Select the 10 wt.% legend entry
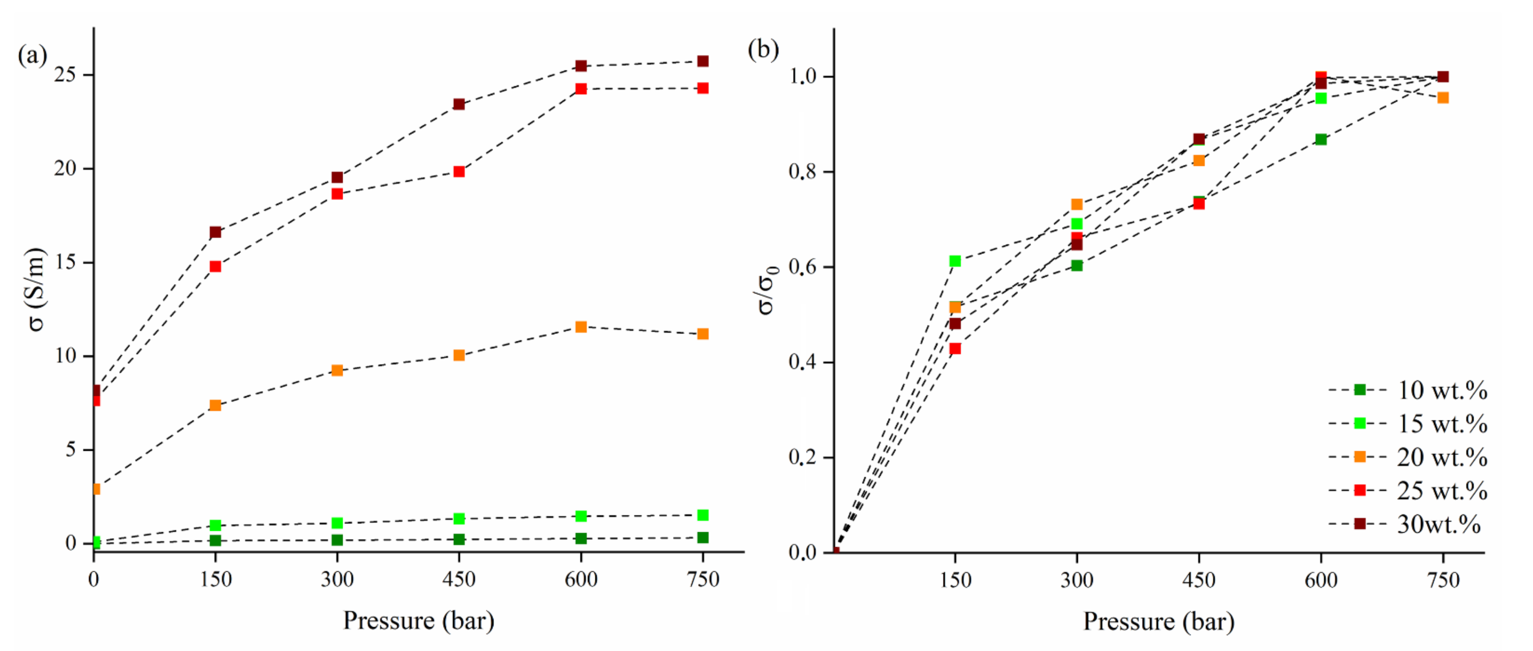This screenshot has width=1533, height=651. [x=1407, y=390]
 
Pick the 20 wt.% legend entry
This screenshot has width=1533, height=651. [x=1407, y=457]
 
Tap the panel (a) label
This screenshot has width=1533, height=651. [x=32, y=55]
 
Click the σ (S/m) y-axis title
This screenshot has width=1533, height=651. [x=37, y=289]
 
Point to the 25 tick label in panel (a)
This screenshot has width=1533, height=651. [x=66, y=75]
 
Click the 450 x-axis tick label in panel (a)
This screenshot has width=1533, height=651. [x=459, y=579]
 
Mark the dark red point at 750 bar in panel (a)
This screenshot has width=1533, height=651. [x=703, y=61]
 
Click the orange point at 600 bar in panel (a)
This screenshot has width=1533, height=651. [x=581, y=327]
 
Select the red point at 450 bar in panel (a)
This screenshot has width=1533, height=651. [x=459, y=172]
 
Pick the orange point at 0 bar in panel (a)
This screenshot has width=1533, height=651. [x=96, y=489]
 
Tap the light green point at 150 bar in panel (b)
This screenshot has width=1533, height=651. [x=955, y=261]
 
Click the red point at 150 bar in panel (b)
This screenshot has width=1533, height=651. [x=955, y=349]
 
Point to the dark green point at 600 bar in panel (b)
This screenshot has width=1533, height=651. [x=1320, y=139]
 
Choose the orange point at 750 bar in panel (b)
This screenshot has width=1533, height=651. [x=1443, y=98]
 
